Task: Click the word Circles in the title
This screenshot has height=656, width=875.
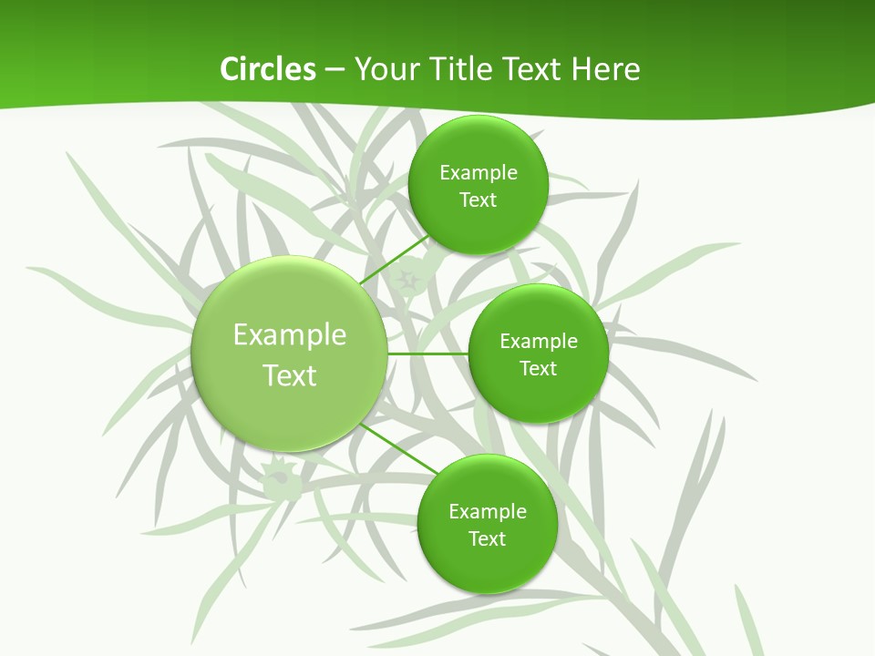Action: [267, 69]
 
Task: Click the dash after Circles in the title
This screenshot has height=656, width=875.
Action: [335, 70]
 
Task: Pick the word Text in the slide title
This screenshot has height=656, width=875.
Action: [533, 69]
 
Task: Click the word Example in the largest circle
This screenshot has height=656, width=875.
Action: [290, 335]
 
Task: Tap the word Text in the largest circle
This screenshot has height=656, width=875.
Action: [290, 375]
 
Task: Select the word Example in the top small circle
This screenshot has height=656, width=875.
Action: [479, 173]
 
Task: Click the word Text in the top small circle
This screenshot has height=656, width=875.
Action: [479, 200]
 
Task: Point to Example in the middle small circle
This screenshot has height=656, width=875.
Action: [539, 342]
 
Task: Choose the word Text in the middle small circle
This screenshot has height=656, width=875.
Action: [539, 369]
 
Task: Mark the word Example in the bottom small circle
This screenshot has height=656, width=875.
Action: [488, 512]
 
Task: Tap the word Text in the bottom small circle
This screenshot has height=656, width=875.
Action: [488, 539]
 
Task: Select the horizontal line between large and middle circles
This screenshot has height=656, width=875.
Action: [427, 354]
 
